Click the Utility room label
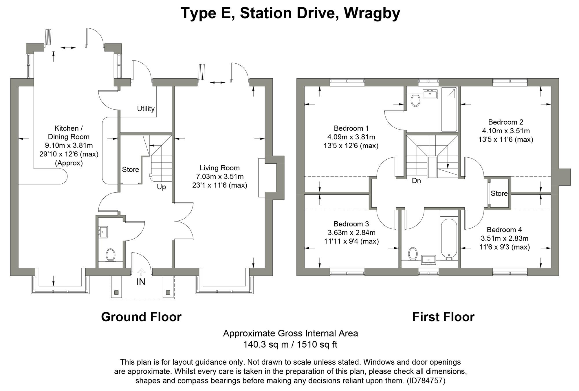point(146,109)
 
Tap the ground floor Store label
point(130,169)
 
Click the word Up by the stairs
point(161,187)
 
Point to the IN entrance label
point(141,282)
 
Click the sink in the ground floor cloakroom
point(103,232)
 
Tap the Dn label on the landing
point(416,181)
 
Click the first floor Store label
point(499,193)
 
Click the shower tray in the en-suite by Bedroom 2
point(449,109)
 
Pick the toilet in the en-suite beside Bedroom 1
point(415,100)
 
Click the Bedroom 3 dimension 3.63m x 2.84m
point(351,233)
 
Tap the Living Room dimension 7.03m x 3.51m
point(220,176)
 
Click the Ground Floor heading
point(141,317)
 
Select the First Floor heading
point(443,317)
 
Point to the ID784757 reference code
point(426,381)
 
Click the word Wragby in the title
point(372,13)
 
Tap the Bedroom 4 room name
point(504,230)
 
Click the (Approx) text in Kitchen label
point(69,163)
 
